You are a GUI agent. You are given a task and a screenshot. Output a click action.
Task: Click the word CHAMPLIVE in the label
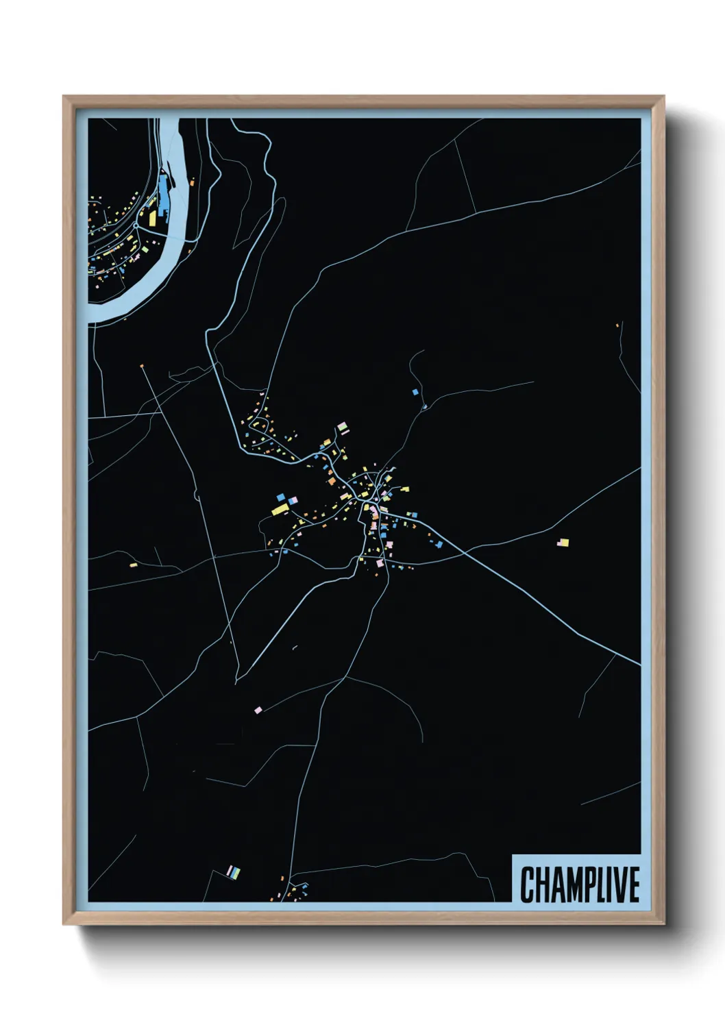pyautogui.click(x=580, y=885)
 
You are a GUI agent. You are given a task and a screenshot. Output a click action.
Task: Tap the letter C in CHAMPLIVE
pyautogui.click(x=528, y=885)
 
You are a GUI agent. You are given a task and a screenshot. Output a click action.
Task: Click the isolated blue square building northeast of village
pyautogui.click(x=415, y=392)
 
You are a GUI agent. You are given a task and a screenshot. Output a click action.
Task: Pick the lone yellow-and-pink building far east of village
pyautogui.click(x=563, y=542)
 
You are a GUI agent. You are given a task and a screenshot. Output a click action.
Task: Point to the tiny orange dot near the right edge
pyautogui.click(x=617, y=325)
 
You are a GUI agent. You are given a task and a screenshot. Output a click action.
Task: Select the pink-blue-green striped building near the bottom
pyautogui.click(x=234, y=872)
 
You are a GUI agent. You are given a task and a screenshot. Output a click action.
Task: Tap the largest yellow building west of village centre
pyautogui.click(x=280, y=509)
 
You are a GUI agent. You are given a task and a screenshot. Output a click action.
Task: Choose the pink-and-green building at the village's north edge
pyautogui.click(x=342, y=428)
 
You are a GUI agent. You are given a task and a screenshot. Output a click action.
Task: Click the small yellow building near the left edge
pyautogui.click(x=134, y=565)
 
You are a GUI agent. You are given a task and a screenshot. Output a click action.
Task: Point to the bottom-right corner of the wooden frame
pyautogui.click(x=663, y=924)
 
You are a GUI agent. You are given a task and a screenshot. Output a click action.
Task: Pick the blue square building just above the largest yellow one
pyautogui.click(x=280, y=497)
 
